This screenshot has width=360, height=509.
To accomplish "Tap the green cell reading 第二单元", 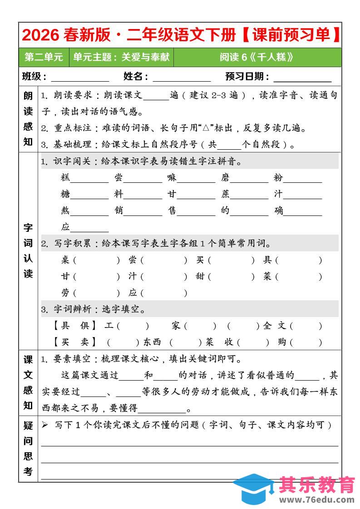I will coord(44,57).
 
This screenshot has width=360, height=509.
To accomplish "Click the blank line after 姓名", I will coord(182,77).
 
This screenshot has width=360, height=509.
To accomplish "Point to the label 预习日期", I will coord(247,77).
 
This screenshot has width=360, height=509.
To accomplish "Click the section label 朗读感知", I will coord(28,119).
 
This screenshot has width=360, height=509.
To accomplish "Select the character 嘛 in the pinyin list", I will coord(172,178).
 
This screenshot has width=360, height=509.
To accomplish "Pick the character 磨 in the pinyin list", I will coord(225,178).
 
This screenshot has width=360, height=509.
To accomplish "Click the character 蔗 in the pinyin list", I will coord(225,194).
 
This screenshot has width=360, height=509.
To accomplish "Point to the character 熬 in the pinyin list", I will coord(65,211).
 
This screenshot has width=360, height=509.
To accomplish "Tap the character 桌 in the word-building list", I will coord(65,260).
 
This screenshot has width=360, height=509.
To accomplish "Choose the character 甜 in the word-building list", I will coord(200,276).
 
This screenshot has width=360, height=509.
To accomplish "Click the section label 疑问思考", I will coord(28,449).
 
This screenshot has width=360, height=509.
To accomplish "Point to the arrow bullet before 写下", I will coord(45,425).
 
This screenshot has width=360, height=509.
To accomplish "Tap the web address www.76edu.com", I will coord(317,500).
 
